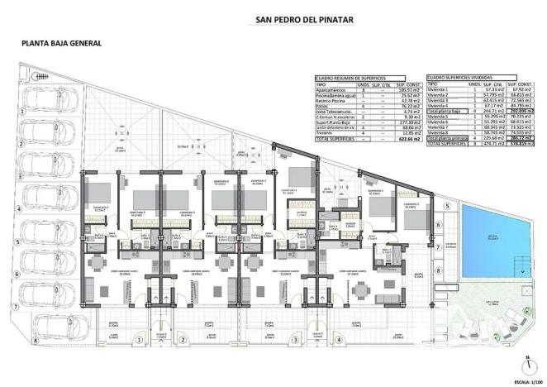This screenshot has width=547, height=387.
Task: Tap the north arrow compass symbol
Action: point(527,364)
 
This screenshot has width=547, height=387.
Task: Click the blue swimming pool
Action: point(492,241)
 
